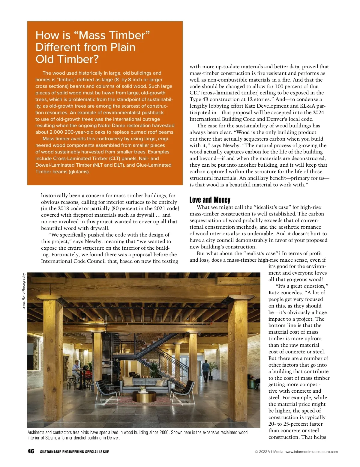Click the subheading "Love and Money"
(x=210, y=200)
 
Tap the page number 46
(x=31, y=451)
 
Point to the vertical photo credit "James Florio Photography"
(x=24, y=291)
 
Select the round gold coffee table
(x=144, y=397)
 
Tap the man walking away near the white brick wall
(x=206, y=371)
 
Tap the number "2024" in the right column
(x=318, y=112)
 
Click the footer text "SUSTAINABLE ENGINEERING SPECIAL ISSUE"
(x=74, y=452)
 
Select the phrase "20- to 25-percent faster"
(x=295, y=424)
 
